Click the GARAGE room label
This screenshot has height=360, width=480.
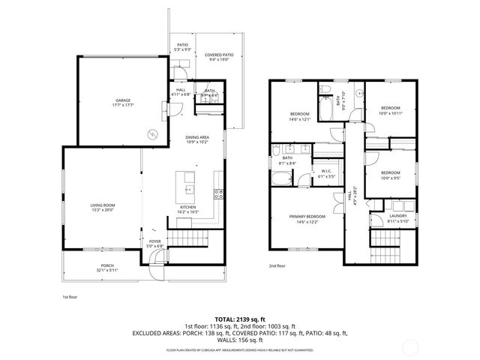coord(123,100)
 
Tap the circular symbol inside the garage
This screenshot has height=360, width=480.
coord(152,134)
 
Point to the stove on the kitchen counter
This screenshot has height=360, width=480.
coord(218,194)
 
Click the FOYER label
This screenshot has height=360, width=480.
coord(154,243)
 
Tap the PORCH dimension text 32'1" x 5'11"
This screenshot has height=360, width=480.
coord(107,271)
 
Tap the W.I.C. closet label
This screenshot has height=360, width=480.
coord(325,172)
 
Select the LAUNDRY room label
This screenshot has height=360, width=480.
coord(397,218)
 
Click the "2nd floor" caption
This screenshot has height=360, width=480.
coord(277,265)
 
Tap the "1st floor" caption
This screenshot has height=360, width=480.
coord(70,296)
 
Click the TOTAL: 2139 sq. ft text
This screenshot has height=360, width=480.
coord(240,318)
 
